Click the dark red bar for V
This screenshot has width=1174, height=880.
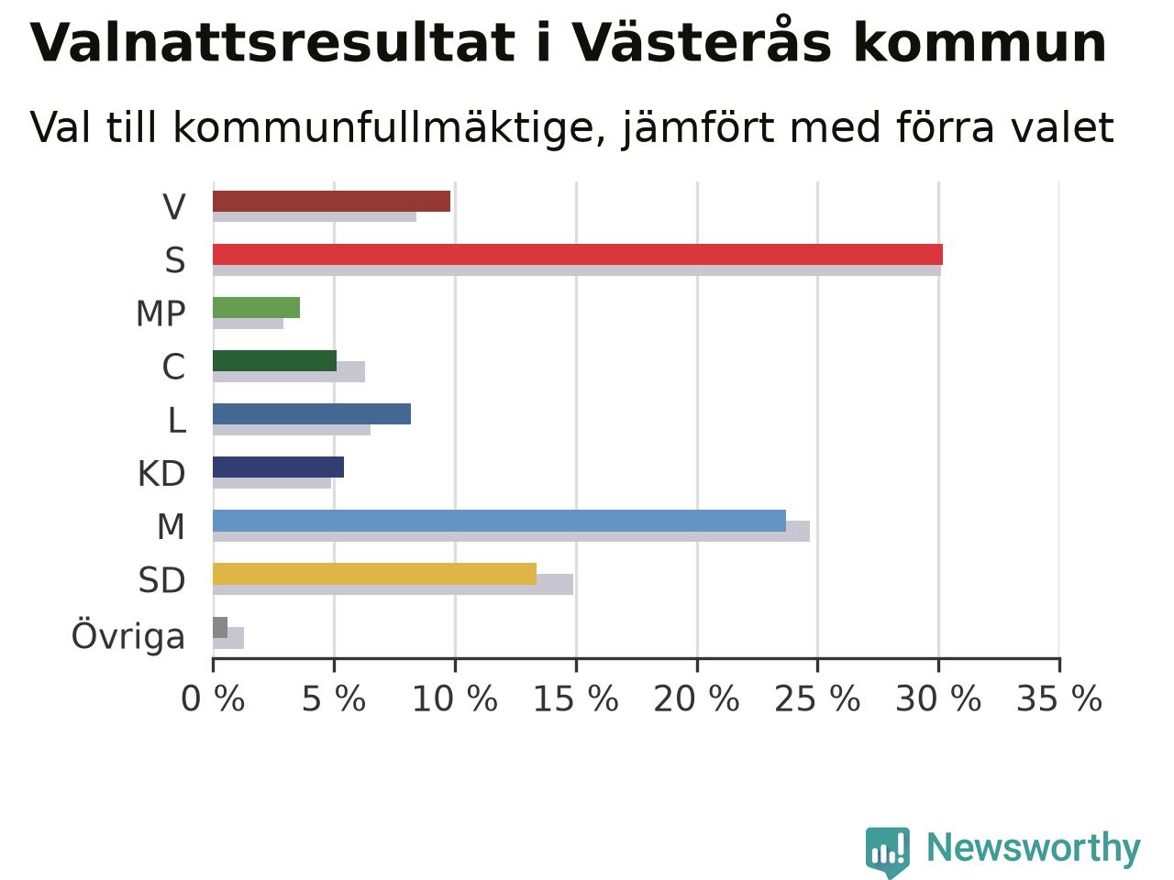332,202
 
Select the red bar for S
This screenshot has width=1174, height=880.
578,254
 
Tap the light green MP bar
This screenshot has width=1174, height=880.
256,308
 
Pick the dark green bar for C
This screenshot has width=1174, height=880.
275,360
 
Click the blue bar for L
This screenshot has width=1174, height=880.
312,414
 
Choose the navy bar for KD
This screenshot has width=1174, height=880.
278,467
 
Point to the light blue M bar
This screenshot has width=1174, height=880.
500,521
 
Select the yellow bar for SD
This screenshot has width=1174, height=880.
374,574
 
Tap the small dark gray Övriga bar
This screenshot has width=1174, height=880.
220,627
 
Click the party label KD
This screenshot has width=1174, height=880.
161,473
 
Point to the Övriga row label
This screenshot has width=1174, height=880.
128,636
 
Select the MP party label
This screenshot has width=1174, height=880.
161,313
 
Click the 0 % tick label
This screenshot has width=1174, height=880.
213,698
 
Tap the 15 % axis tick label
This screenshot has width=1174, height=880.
576,698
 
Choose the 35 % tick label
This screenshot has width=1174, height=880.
1059,698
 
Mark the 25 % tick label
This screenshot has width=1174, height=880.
817,698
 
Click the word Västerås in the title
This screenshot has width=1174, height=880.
702,40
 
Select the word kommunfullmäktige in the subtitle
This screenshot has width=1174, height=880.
390,128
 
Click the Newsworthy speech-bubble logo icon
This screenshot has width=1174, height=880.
887,851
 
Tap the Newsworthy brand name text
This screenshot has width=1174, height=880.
1034,848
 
